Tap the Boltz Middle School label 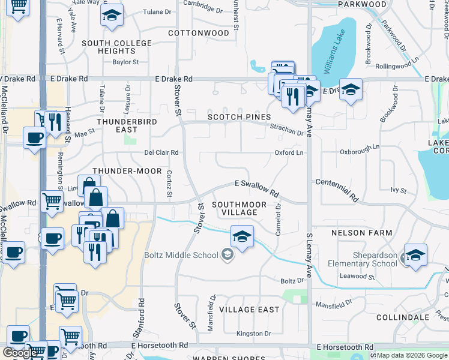click(181, 255)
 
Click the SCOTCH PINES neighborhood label click(240, 117)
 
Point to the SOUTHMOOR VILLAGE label click(239, 208)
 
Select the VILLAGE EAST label click(249, 309)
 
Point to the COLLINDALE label click(403, 317)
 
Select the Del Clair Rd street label click(161, 152)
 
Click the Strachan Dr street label click(286, 128)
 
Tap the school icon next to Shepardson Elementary click(415, 255)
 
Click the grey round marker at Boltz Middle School click(227, 255)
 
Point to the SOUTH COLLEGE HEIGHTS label click(116, 47)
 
